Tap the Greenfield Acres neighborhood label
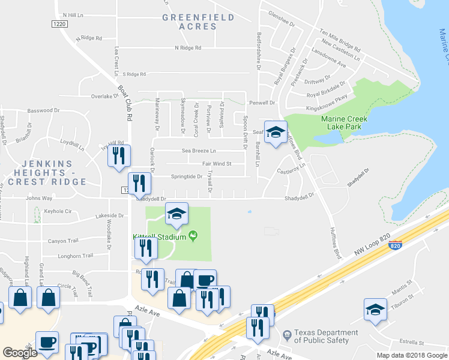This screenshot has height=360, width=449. point(198,22)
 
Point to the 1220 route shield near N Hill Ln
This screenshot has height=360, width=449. point(59,23)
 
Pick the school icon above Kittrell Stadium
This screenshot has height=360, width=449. point(176,214)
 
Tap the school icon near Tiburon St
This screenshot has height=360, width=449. point(375,310)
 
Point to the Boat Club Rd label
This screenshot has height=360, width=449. point(125,103)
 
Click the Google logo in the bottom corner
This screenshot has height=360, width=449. point(20,353)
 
